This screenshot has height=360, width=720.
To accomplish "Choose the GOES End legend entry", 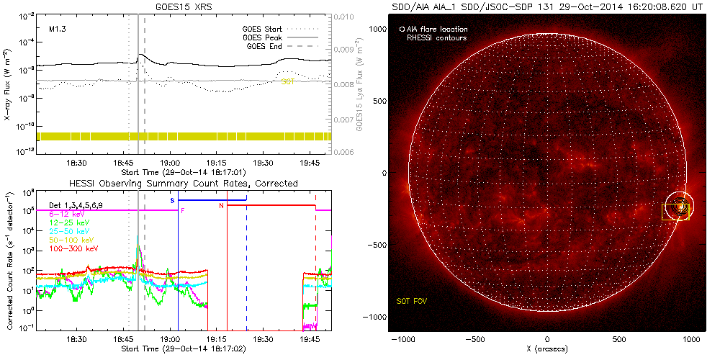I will click(266, 46).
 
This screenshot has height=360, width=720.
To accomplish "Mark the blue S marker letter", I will click(172, 200).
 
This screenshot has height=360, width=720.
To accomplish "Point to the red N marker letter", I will click(221, 206).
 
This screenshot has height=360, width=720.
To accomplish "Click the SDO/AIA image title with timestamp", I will click(546, 6).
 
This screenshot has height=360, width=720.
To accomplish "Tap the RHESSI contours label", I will click(437, 37).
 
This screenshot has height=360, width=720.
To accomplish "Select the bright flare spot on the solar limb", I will click(678, 207).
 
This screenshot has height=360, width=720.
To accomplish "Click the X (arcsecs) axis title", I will click(547, 349).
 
